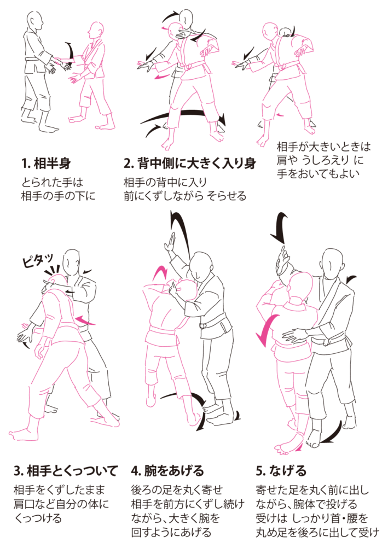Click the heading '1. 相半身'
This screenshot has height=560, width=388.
tap(46, 164)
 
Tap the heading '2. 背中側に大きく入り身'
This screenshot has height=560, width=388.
tap(190, 164)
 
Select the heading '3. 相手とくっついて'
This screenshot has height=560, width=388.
tap(65, 471)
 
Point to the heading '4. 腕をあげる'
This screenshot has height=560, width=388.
tap(167, 471)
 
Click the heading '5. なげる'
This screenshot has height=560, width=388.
tap(281, 471)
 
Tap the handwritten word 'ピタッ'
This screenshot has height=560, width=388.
tap(38, 260)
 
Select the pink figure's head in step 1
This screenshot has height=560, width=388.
tap(95, 31)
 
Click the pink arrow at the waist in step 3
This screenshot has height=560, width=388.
tap(86, 320)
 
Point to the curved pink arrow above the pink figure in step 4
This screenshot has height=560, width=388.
tap(160, 272)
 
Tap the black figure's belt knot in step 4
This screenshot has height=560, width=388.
tap(203, 325)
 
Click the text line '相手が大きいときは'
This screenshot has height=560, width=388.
tap(324, 147)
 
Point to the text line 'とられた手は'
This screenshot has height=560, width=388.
tap(53, 183)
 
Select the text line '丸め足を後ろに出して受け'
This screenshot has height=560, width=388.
tap(317, 533)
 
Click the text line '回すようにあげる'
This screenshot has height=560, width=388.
tap(171, 533)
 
